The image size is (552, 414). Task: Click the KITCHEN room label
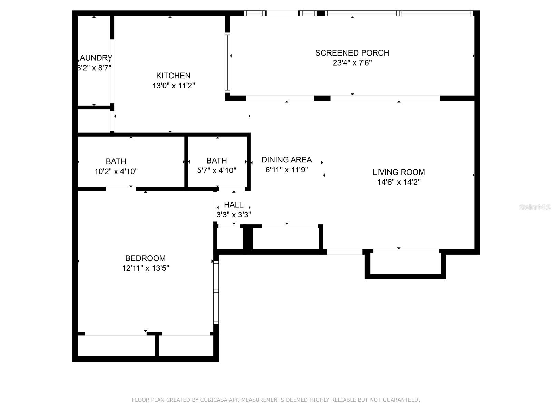point(173,76)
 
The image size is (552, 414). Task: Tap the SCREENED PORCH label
point(352,53)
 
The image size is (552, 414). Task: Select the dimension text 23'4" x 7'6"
point(352,63)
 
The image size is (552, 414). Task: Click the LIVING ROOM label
point(398,172)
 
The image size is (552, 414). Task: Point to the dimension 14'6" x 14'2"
point(398,182)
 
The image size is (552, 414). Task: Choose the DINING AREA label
point(286,160)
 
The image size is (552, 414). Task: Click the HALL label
point(234,205)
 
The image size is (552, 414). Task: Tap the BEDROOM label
point(145,258)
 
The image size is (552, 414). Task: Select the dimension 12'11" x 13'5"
point(145,268)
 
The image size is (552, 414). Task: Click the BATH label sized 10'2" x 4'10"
point(116,161)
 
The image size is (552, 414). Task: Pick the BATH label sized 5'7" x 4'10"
point(217,161)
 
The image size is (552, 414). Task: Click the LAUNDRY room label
point(96,58)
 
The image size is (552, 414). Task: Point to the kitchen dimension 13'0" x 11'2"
point(174,86)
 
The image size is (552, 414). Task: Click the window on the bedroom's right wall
point(216,292)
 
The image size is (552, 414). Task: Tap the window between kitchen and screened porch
point(227,62)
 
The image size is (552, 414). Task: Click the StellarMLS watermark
point(534,207)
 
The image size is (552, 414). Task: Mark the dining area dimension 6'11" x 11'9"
point(286,170)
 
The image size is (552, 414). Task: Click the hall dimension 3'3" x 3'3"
point(234,215)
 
